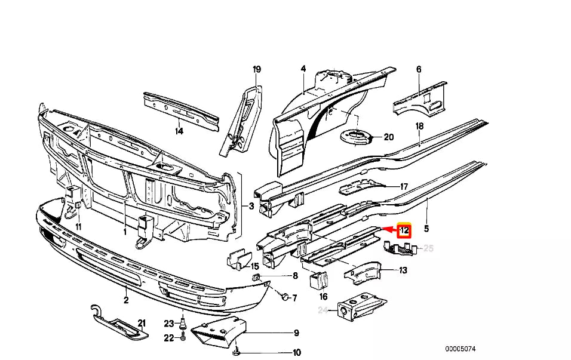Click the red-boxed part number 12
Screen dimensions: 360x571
pyautogui.click(x=404, y=230)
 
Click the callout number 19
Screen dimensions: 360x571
pyautogui.click(x=257, y=70)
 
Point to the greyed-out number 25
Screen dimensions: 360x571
pyautogui.click(x=428, y=248)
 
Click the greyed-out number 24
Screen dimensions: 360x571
pyautogui.click(x=323, y=310)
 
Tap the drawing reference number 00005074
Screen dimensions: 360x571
pyautogui.click(x=463, y=349)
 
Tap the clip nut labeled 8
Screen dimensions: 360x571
pyautogui.click(x=256, y=278)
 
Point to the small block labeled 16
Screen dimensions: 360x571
pyautogui.click(x=318, y=279)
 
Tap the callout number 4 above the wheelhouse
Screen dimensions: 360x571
pyautogui.click(x=303, y=69)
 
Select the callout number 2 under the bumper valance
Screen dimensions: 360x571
pyautogui.click(x=126, y=300)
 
